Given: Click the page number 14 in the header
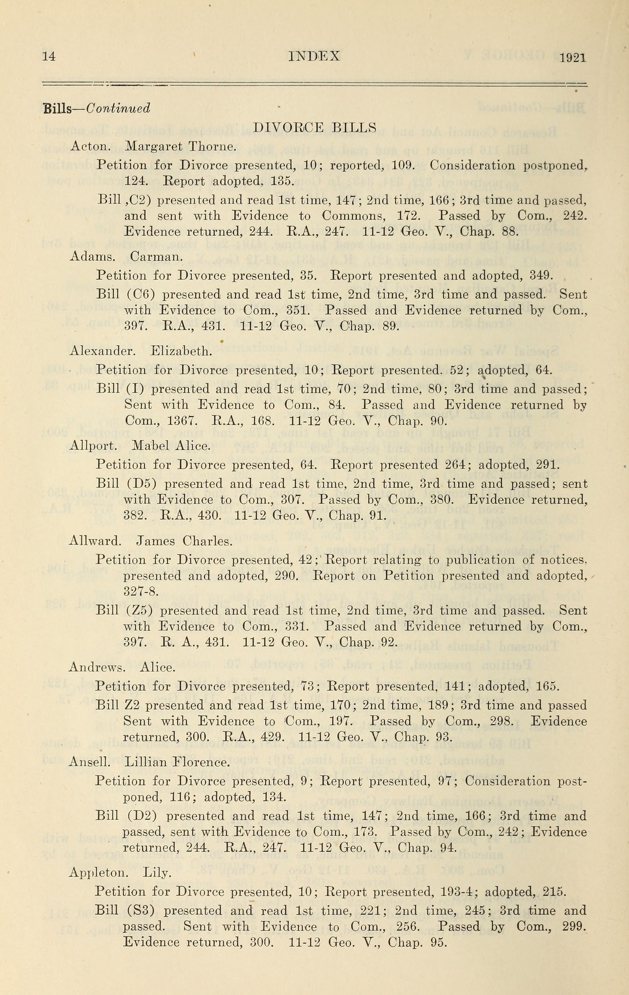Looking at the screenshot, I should coord(49,57).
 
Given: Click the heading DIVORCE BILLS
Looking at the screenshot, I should coord(314,127).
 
